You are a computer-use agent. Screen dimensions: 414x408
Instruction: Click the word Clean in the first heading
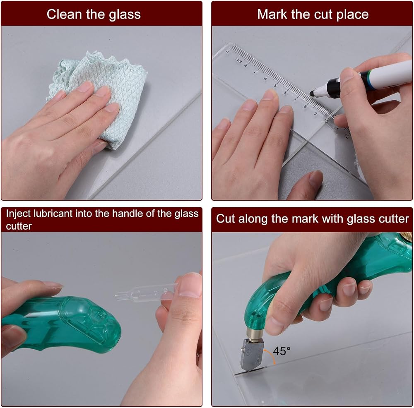click(x=64, y=14)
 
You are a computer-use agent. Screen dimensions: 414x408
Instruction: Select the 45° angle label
click(x=282, y=351)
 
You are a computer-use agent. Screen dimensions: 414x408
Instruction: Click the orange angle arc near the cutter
click(x=272, y=355)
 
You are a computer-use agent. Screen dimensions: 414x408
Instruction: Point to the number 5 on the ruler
click(x=275, y=86)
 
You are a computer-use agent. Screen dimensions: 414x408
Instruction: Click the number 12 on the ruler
click(x=347, y=136)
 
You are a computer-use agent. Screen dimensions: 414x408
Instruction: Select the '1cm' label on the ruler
click(x=238, y=60)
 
